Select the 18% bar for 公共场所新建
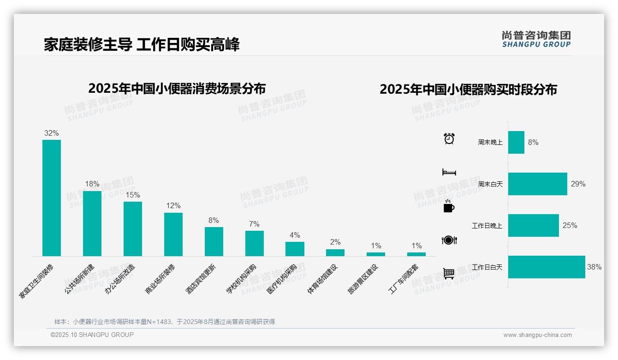92,223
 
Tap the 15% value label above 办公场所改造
133,195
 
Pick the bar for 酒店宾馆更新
214,241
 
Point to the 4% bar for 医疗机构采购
295,249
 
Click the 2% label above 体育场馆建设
335,242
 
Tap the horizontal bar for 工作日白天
547,267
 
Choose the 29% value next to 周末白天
578,184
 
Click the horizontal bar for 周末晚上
516,142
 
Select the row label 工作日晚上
487,226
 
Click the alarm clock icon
449,138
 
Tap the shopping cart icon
449,273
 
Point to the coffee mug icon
449,207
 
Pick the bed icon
449,172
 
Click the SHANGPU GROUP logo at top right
536,39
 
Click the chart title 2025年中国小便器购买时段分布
468,89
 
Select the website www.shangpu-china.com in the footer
537,335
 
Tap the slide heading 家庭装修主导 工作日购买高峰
142,45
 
